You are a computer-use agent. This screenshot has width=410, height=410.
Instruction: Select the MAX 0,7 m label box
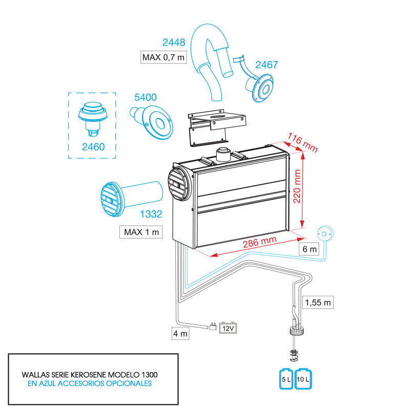163,57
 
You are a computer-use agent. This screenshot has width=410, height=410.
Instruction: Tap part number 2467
266,65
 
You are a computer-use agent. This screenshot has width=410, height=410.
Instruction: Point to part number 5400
145,97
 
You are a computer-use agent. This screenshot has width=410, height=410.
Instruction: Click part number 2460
93,147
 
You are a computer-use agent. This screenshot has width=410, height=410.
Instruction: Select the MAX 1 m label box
141,232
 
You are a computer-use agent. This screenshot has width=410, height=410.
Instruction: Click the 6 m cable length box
310,249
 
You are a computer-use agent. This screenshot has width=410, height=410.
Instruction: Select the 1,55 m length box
318,302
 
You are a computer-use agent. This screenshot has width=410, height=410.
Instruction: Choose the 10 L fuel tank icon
303,380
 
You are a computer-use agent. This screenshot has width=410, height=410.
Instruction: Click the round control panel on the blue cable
324,234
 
